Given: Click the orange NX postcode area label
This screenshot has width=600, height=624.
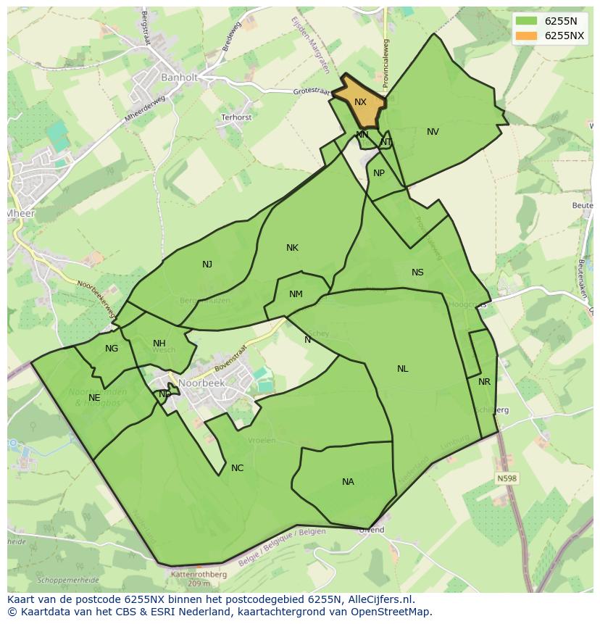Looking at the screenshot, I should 360,102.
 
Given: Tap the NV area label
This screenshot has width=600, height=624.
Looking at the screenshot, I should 433,132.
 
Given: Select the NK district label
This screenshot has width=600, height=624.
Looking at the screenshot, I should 292,248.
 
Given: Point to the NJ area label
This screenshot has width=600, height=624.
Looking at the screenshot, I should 207,265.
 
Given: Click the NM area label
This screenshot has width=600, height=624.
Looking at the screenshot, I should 296,294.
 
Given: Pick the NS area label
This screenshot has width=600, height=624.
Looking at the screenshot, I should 417,273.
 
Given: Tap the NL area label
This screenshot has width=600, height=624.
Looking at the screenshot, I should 402,369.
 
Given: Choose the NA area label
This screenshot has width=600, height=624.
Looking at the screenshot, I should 348,482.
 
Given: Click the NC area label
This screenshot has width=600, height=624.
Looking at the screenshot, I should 237,468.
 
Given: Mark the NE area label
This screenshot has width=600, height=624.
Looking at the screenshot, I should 94,398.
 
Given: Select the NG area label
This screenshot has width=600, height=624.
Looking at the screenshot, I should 111,349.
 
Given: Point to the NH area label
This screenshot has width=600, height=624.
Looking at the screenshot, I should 159,344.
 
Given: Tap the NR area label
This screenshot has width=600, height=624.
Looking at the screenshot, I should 484,382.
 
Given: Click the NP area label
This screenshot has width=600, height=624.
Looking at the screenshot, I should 379,173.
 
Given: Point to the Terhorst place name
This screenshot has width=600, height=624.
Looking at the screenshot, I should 236,117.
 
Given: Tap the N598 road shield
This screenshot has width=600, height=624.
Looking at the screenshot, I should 507,478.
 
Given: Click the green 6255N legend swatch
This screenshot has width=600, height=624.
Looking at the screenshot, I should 526,22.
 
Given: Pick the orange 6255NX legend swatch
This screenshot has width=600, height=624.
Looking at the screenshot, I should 526,36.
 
